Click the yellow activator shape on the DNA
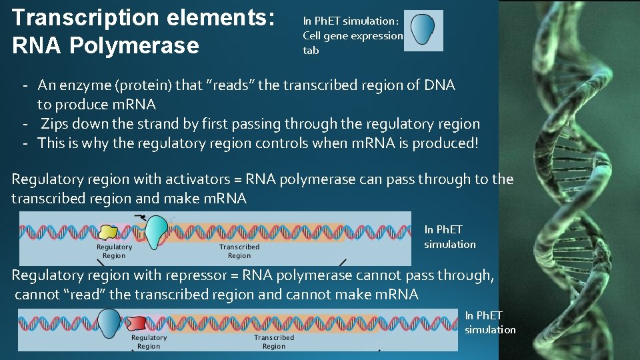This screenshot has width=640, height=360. pos(109,232)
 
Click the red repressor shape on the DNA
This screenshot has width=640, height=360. pos(137,323)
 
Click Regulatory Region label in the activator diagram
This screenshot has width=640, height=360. pos(115,251)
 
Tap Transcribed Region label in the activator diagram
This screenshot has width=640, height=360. pos(239,251)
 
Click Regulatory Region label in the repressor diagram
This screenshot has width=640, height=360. pos(149,342)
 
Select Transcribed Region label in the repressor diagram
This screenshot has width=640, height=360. pos(273,342)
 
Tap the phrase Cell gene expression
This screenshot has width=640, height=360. pos(353,36)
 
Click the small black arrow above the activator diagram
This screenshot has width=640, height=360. pos(141,217)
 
